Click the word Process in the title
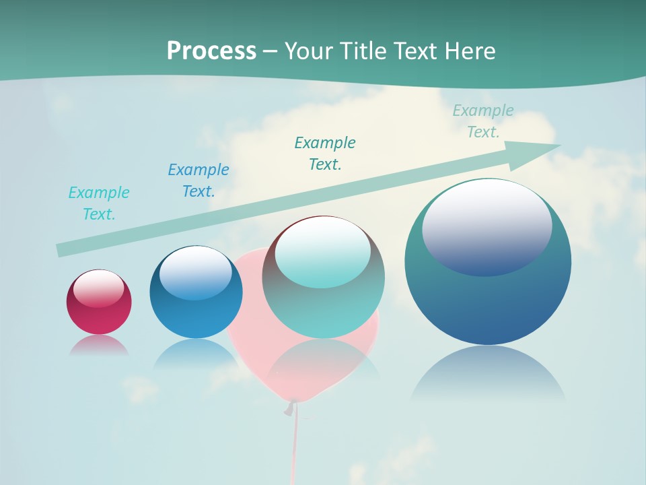pos(211,51)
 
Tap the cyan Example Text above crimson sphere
pos(99,203)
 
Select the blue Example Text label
pos(199,181)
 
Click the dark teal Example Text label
pos(325,154)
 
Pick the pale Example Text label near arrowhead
pos(483,121)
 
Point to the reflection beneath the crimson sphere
pos(99,345)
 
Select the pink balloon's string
pos(294,445)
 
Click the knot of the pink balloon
pos(291,408)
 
